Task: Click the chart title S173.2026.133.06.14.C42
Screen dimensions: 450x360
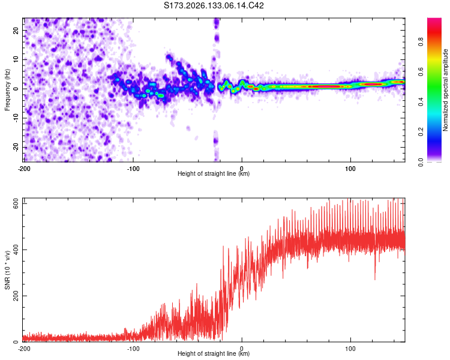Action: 214,5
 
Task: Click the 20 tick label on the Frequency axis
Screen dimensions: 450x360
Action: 16,31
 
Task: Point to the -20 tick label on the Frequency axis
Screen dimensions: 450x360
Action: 16,147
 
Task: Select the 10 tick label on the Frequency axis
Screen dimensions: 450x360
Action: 16,59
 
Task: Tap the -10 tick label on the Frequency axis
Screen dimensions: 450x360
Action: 16,118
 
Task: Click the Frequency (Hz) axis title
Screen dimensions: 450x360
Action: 7,90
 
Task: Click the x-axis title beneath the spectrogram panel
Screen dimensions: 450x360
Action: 214,173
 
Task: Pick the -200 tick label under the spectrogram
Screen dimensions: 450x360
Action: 24,169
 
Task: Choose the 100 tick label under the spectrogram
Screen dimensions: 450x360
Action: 350,169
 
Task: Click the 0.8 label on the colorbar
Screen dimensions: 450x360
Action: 421,42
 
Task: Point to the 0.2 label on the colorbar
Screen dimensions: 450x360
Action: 421,132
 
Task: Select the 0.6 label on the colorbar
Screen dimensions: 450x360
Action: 421,72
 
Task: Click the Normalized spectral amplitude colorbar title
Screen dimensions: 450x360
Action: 445,90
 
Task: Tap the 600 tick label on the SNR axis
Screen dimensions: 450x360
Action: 16,205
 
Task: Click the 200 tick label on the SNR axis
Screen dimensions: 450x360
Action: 16,296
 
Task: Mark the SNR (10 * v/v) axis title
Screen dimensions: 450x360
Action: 7,270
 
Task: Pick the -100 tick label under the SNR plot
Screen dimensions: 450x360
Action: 133,349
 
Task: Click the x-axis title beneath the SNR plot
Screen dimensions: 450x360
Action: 214,353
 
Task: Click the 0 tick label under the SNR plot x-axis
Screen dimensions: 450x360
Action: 242,349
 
